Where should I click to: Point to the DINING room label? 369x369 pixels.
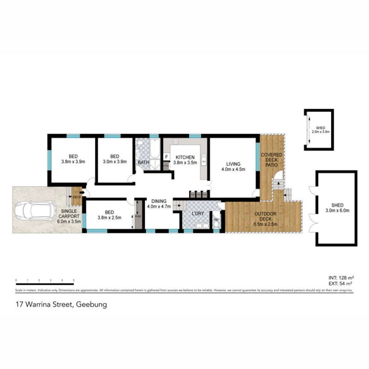pos(158,201)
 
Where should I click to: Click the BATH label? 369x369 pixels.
pos(143,162)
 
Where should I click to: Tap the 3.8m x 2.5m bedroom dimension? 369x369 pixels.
pos(109,218)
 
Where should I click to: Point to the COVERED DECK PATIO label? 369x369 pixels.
pos(271,159)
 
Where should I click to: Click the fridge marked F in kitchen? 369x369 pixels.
pos(167,157)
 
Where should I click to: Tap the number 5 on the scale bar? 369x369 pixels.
pos(74,280)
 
